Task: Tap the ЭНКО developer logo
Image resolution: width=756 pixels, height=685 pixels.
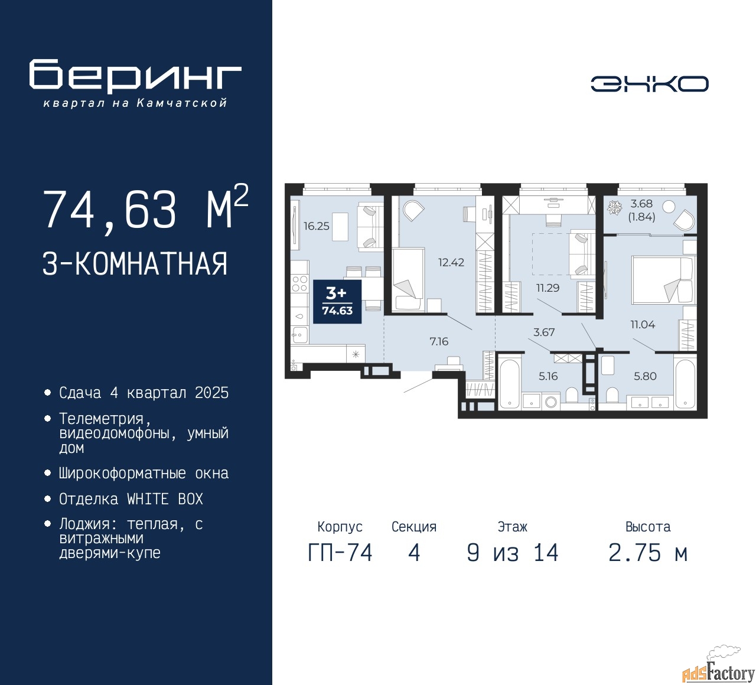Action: coord(649,84)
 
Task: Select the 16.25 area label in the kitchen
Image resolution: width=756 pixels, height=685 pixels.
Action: coord(316,226)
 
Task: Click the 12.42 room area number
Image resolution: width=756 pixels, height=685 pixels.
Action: coord(451,262)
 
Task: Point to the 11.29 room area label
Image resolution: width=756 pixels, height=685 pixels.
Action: coord(548,288)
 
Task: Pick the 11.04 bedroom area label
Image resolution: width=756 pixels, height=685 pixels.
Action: coord(643,324)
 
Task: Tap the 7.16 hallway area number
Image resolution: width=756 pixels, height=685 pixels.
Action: coord(439,341)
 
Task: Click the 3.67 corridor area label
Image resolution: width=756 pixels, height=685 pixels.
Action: coord(544,332)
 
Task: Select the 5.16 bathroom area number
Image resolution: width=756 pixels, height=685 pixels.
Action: coord(548,376)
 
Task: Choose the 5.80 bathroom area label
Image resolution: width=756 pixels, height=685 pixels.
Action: coord(645,376)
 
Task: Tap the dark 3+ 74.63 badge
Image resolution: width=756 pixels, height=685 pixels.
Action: coord(337,301)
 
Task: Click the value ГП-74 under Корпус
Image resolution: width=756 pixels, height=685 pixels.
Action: coord(340,553)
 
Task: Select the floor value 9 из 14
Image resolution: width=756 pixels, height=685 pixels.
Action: coord(513,553)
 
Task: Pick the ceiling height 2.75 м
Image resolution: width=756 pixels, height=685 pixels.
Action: coord(648,553)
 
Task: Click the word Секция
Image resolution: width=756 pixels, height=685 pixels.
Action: coord(414,527)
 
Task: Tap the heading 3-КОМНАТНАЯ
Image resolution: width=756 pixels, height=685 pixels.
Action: coord(135,264)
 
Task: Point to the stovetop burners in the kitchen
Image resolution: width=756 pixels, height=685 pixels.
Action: coord(299,283)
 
